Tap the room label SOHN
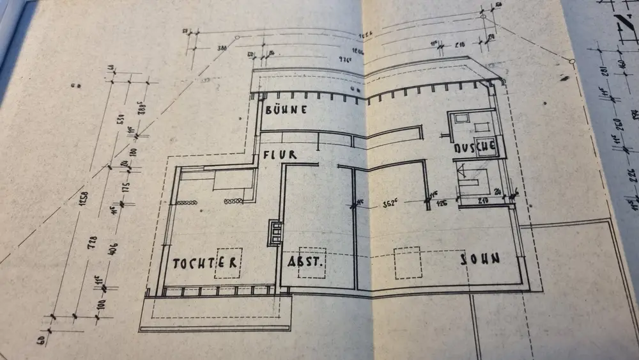coord(481,258)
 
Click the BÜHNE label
coord(286,110)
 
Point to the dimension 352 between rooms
coord(390,205)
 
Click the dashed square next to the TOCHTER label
coord(227,262)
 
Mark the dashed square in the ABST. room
coord(312,262)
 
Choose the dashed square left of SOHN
coord(407,263)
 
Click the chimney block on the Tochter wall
coord(275,232)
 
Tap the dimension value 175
coord(126,187)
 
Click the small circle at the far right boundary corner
coord(572,61)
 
